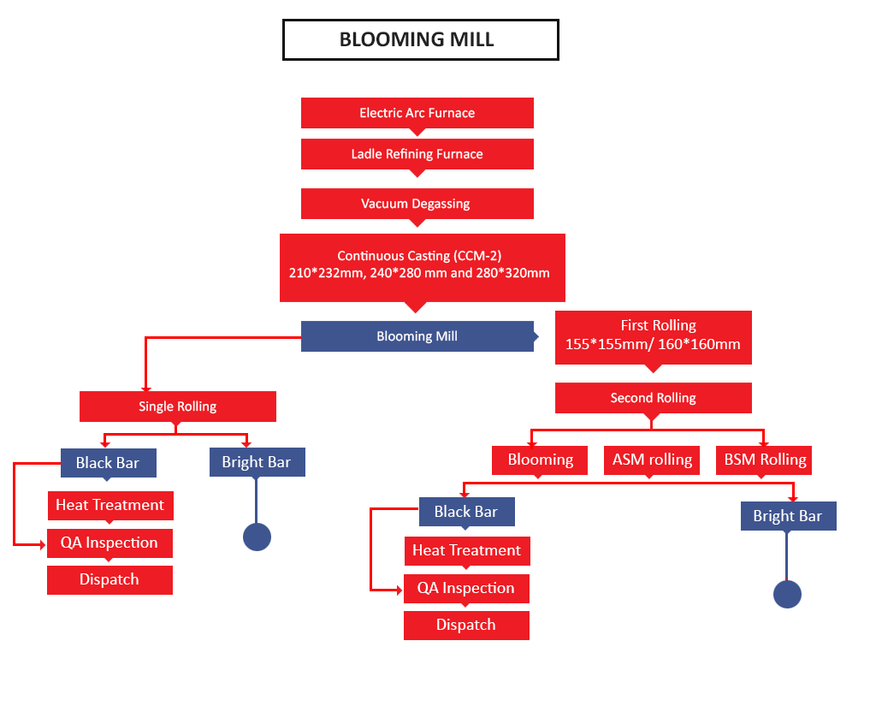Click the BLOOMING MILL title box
[x=421, y=39]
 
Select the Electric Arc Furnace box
[x=417, y=113]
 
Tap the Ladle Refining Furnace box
[x=417, y=154]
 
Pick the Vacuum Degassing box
[x=417, y=204]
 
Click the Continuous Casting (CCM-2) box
[x=423, y=268]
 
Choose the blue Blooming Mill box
[x=417, y=336]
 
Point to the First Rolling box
[x=653, y=337]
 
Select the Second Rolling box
[x=653, y=398]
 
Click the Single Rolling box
[x=178, y=406]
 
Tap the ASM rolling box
[x=652, y=460]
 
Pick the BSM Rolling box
[x=764, y=460]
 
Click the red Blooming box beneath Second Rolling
[x=540, y=460]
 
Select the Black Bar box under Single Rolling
[x=109, y=463]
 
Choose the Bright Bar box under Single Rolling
[x=257, y=462]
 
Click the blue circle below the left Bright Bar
[x=257, y=537]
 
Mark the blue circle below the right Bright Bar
[x=787, y=594]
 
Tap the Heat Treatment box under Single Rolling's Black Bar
[x=110, y=506]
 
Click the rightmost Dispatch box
[x=466, y=626]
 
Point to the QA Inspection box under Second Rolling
[x=466, y=589]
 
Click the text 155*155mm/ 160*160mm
[x=653, y=344]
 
